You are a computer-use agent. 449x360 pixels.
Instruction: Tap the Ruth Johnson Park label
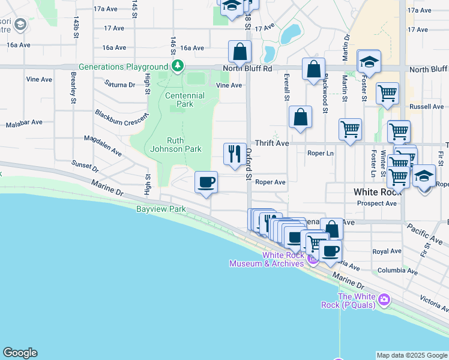[175, 144]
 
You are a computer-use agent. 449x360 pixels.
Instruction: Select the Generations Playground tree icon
[177, 67]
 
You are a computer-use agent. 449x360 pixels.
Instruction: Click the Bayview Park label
[161, 209]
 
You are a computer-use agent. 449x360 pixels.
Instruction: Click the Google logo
[20, 353]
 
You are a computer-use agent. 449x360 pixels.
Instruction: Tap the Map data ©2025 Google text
[411, 355]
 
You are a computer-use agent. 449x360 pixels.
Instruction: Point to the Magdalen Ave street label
[103, 146]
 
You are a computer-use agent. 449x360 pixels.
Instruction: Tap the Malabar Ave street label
[24, 122]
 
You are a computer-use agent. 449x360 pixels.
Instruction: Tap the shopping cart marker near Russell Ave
[388, 94]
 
